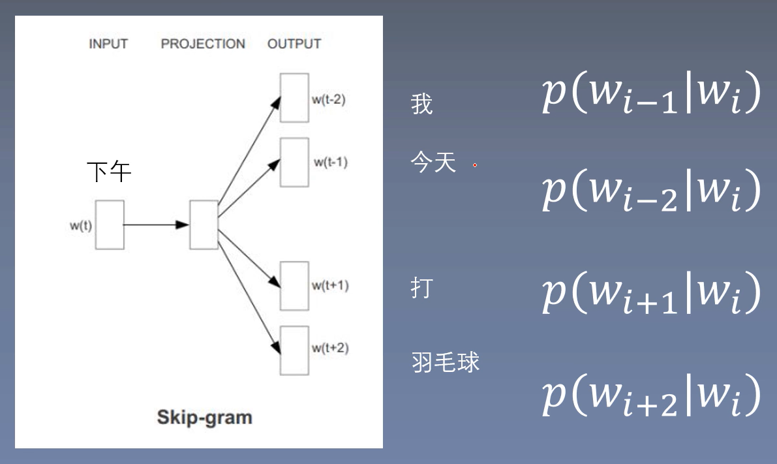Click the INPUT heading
point(108,44)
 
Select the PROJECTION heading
point(203,44)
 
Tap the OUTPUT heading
point(294,44)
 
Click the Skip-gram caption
point(204,417)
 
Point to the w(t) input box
point(110,224)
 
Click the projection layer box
point(204,224)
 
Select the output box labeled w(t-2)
point(294,98)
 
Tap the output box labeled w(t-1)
point(294,162)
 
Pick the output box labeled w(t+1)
point(294,286)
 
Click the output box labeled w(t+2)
point(294,350)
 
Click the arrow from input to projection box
point(157,224)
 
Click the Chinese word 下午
point(110,172)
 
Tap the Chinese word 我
point(422,104)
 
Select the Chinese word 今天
point(433,162)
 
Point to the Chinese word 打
point(422,288)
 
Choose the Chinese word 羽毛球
point(446,362)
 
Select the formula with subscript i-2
point(651,191)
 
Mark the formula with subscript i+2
point(651,395)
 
